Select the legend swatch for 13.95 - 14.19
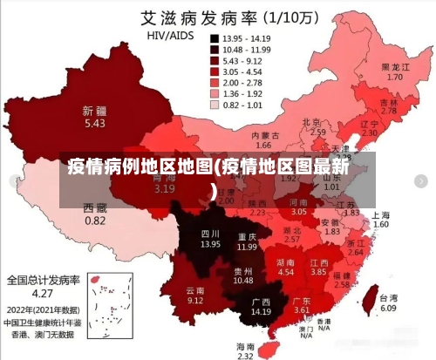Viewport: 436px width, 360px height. [214, 39]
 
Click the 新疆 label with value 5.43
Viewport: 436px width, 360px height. [94, 118]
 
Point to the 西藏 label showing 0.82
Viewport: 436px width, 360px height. [95, 214]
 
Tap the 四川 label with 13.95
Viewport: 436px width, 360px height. [210, 239]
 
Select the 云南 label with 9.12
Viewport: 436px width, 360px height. [195, 295]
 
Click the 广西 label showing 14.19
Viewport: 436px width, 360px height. [261, 306]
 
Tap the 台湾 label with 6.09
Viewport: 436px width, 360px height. [388, 302]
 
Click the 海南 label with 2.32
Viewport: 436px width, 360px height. [246, 350]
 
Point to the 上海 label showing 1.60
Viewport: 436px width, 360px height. [381, 219]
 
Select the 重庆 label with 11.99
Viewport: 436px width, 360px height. [247, 241]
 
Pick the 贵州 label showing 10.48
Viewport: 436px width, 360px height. [242, 275]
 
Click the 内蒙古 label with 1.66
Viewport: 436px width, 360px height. [263, 140]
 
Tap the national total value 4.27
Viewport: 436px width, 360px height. [44, 295]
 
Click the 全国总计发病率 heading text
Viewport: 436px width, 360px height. [44, 281]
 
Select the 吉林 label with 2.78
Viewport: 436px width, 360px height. [389, 106]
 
